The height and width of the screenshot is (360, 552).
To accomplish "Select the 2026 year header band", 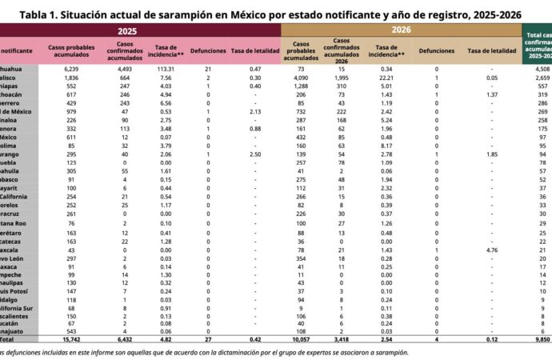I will (x=401, y=30).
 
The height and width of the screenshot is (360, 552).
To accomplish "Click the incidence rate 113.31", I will (x=166, y=70).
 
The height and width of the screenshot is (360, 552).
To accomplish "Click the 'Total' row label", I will (x=13, y=339).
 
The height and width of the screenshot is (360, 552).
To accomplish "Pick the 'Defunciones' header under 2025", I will (x=206, y=50).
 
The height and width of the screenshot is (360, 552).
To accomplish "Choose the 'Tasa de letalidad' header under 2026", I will (x=492, y=50).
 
